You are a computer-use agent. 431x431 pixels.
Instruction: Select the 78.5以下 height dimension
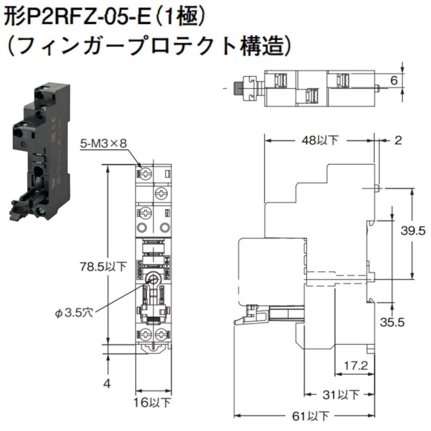pyautogui.click(x=103, y=266)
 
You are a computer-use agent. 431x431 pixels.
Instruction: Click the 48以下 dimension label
pyautogui.click(x=320, y=140)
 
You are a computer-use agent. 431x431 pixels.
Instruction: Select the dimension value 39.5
pyautogui.click(x=413, y=231)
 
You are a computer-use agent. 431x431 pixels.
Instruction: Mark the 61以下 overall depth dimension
pyautogui.click(x=310, y=416)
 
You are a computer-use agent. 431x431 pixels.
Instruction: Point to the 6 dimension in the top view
pyautogui.click(x=394, y=80)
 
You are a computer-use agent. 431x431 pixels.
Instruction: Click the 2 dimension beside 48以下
pyautogui.click(x=398, y=140)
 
